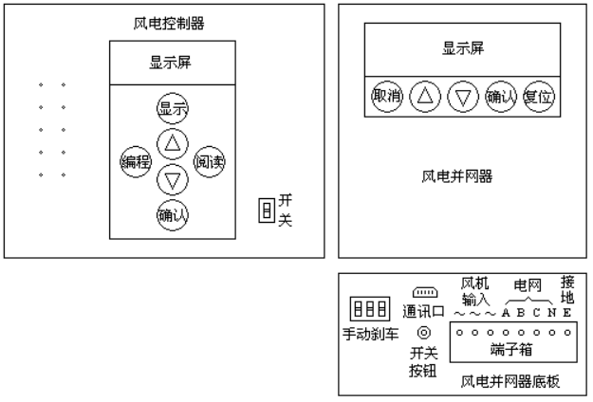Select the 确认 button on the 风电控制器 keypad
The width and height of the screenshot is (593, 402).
tap(172, 214)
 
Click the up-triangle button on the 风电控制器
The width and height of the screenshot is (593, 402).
tap(172, 143)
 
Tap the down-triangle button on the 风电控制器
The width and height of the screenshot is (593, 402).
tap(172, 177)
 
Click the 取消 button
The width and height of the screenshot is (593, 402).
tap(386, 97)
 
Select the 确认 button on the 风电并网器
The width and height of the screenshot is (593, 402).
tap(500, 97)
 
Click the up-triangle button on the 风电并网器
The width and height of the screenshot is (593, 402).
tap(423, 97)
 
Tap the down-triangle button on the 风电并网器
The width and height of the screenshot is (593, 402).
tap(462, 97)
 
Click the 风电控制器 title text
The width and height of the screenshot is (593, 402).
tap(171, 24)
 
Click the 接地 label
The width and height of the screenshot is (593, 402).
tap(566, 289)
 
